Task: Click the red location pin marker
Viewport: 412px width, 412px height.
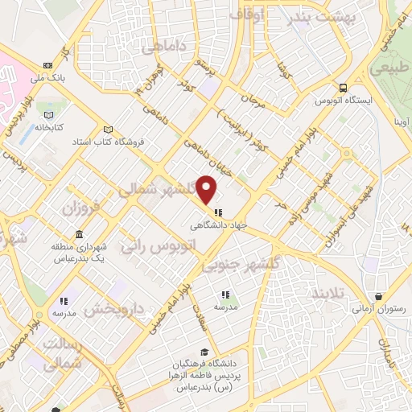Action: tap(208, 189)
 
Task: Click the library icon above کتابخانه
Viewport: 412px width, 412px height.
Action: tap(50, 113)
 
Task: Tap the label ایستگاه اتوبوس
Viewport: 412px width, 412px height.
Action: tap(344, 101)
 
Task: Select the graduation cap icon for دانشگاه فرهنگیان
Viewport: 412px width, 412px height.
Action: tap(205, 352)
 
